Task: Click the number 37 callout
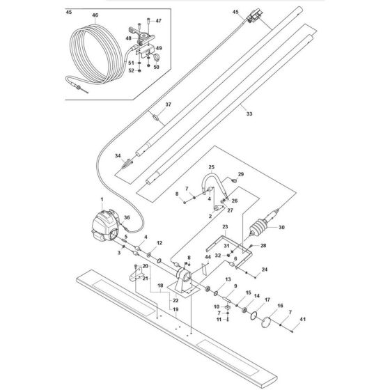point(167,104)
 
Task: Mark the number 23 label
point(225,227)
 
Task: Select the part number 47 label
point(158,22)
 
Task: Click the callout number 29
point(241,173)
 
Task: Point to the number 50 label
point(157,67)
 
